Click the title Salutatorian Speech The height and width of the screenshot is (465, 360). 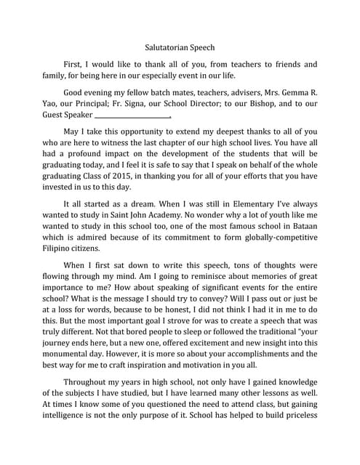(x=180, y=42)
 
